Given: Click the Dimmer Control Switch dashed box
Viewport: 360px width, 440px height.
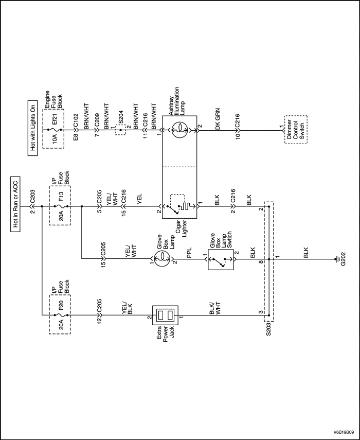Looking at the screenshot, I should pyautogui.click(x=295, y=131).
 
